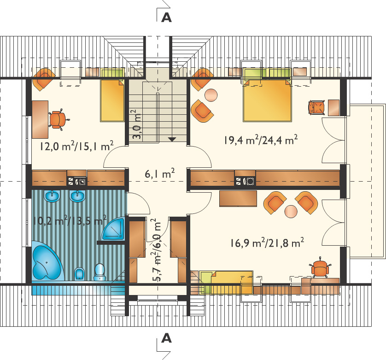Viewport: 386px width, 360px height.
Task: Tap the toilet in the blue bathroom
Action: pos(99,272)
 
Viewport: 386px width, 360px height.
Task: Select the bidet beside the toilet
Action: pos(79,273)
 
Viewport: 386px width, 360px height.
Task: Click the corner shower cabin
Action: pos(114,229)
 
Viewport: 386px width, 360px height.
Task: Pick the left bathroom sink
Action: pos(52,196)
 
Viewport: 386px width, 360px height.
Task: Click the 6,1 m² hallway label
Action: pos(160,173)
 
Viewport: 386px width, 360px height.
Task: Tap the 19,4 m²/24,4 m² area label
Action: pos(261,140)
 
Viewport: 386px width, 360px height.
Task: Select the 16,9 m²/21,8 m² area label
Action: pos(267,242)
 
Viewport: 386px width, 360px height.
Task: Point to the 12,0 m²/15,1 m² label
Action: pos(76,146)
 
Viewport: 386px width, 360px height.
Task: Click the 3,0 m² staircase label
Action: pos(137,124)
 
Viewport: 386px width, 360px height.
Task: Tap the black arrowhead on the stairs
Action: pos(172,139)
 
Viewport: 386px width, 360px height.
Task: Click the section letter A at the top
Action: pos(166,18)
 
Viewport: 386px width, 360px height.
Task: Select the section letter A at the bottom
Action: pos(166,338)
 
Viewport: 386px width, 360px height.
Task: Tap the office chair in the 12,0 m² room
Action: pos(58,119)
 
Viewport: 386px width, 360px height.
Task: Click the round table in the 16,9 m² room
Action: pos(291,211)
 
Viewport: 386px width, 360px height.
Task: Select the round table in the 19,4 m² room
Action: pos(211,95)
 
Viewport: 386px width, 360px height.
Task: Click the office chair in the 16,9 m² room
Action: pos(320,268)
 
